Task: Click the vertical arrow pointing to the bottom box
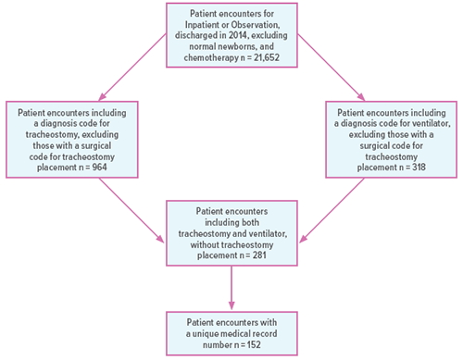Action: point(231,287)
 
